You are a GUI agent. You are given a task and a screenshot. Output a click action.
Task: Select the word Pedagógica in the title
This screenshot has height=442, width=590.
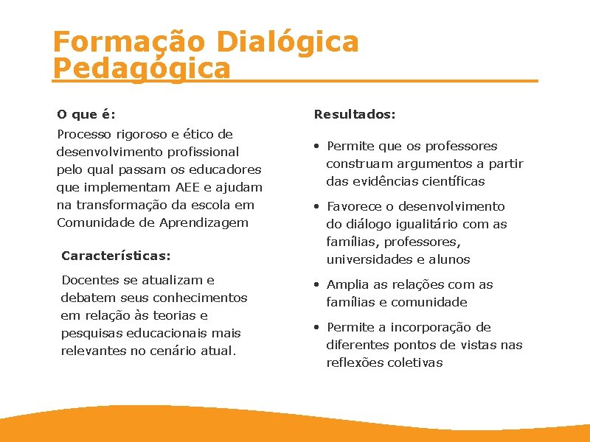click(142, 69)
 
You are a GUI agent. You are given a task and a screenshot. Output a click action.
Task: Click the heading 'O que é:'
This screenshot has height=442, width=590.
click(86, 115)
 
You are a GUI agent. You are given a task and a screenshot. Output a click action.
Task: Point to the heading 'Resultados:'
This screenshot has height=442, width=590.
click(355, 115)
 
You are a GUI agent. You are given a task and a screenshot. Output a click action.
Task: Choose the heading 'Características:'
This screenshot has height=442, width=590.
click(116, 256)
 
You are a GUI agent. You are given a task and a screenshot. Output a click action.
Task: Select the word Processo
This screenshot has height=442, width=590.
click(84, 134)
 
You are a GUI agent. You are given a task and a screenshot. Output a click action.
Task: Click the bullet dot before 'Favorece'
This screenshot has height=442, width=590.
click(316, 206)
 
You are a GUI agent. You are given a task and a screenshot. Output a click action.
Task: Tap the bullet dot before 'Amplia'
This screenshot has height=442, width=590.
click(316, 284)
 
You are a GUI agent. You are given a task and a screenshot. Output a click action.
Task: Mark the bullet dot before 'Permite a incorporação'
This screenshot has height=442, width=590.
click(316, 327)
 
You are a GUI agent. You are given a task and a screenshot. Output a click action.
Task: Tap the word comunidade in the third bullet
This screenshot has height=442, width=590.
click(429, 302)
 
